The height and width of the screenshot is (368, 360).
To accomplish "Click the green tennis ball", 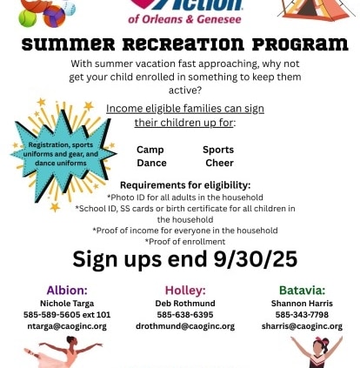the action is tap(28, 18).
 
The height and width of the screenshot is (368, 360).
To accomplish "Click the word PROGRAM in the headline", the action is tap(300, 44).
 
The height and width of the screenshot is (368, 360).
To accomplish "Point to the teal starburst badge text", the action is tap(61, 154).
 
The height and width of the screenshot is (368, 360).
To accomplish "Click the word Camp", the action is tap(150, 150).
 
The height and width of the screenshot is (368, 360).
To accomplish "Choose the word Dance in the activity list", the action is tap(151, 163).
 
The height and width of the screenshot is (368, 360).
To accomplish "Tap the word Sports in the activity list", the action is tap(218, 150).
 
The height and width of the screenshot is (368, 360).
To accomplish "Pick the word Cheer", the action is tap(219, 163).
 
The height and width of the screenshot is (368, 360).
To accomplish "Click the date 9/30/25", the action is tap(256, 258).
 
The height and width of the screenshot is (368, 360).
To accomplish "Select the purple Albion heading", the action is tap(67, 291).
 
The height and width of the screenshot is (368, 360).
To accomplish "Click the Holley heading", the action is tap(185, 291).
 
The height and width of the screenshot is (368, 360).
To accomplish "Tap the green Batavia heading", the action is tap(303, 291).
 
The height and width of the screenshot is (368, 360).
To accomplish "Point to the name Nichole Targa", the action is tap(67, 304).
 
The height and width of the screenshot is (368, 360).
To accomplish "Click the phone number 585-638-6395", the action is tap(185, 315).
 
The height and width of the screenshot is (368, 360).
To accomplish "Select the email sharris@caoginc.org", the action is tap(302, 326).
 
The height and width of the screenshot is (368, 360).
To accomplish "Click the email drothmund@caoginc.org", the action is tap(185, 326).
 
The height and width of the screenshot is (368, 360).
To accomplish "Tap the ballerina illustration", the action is tap(63, 352).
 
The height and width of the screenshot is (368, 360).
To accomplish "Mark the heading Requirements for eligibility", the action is tap(185, 185).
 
